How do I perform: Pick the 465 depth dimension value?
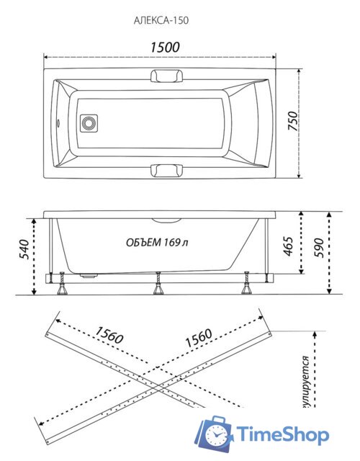(287, 246)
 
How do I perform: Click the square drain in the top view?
(89, 124)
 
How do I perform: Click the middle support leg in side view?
(156, 287)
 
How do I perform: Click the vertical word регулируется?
(305, 382)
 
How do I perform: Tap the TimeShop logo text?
(284, 434)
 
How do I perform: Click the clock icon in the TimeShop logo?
(217, 434)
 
